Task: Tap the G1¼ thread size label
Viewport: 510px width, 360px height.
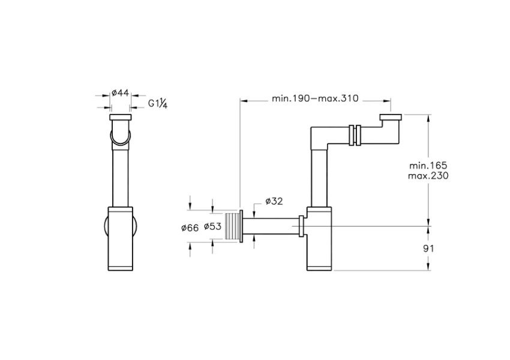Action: [x=158, y=104]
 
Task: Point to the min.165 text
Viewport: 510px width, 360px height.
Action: [x=428, y=165]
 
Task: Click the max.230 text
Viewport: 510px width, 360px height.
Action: [x=428, y=175]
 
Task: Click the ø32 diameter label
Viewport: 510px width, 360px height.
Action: [x=274, y=202]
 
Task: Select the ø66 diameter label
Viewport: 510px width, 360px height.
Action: [x=190, y=227]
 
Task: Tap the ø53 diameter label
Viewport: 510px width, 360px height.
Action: [x=212, y=227]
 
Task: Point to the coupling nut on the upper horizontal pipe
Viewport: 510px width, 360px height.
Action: [x=355, y=134]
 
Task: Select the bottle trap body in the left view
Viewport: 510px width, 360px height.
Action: [x=121, y=238]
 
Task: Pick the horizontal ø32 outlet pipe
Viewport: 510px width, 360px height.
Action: [x=270, y=226]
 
